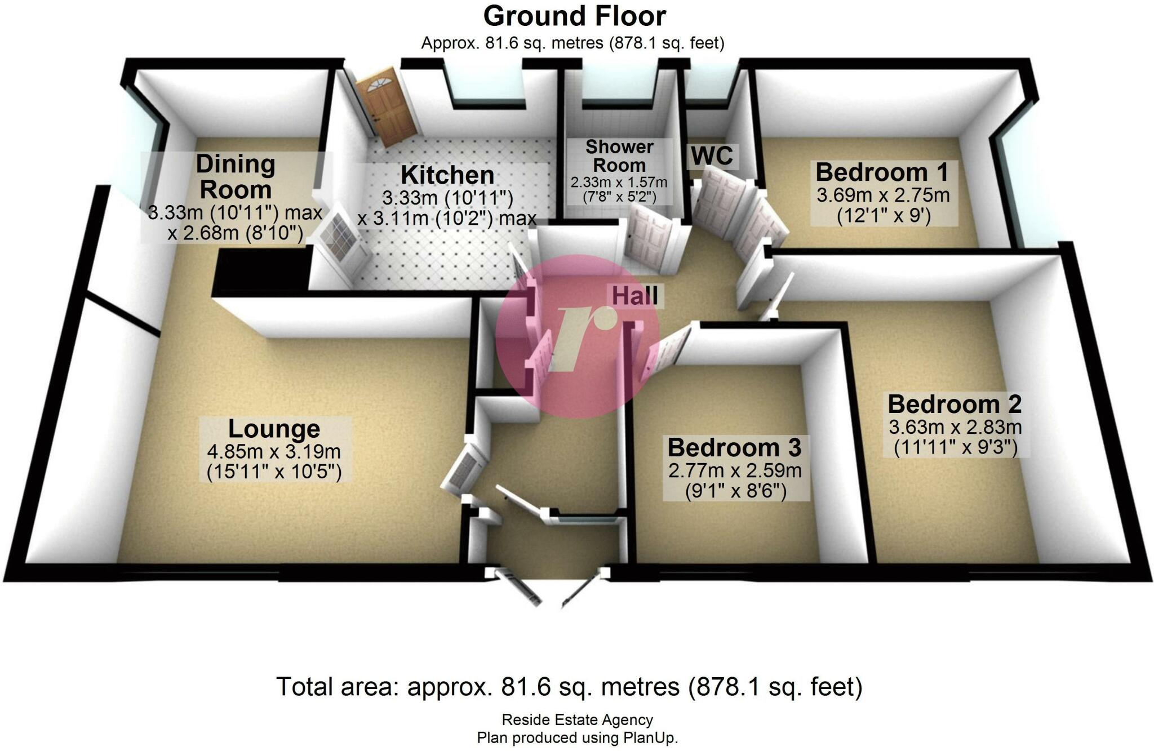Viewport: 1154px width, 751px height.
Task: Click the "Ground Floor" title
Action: click(x=574, y=16)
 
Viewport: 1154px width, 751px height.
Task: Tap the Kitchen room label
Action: click(x=447, y=175)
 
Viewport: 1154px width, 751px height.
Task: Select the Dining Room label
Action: click(x=236, y=177)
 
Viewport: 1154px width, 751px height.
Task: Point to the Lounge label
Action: click(x=274, y=429)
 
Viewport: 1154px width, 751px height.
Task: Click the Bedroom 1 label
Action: click(x=882, y=172)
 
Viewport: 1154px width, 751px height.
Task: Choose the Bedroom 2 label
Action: click(x=955, y=405)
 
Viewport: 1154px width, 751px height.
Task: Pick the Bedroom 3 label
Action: click(x=734, y=448)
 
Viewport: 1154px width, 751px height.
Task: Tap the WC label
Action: click(x=712, y=156)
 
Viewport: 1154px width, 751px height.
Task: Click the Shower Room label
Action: click(x=619, y=156)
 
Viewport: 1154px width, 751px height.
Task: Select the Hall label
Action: click(x=635, y=296)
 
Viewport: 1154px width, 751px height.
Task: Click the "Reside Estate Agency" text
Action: click(x=577, y=720)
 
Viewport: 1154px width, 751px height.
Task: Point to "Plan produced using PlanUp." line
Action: click(x=577, y=738)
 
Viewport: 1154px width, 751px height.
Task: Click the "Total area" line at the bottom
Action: click(x=569, y=687)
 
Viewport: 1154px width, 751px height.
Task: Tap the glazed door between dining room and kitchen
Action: click(x=341, y=242)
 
